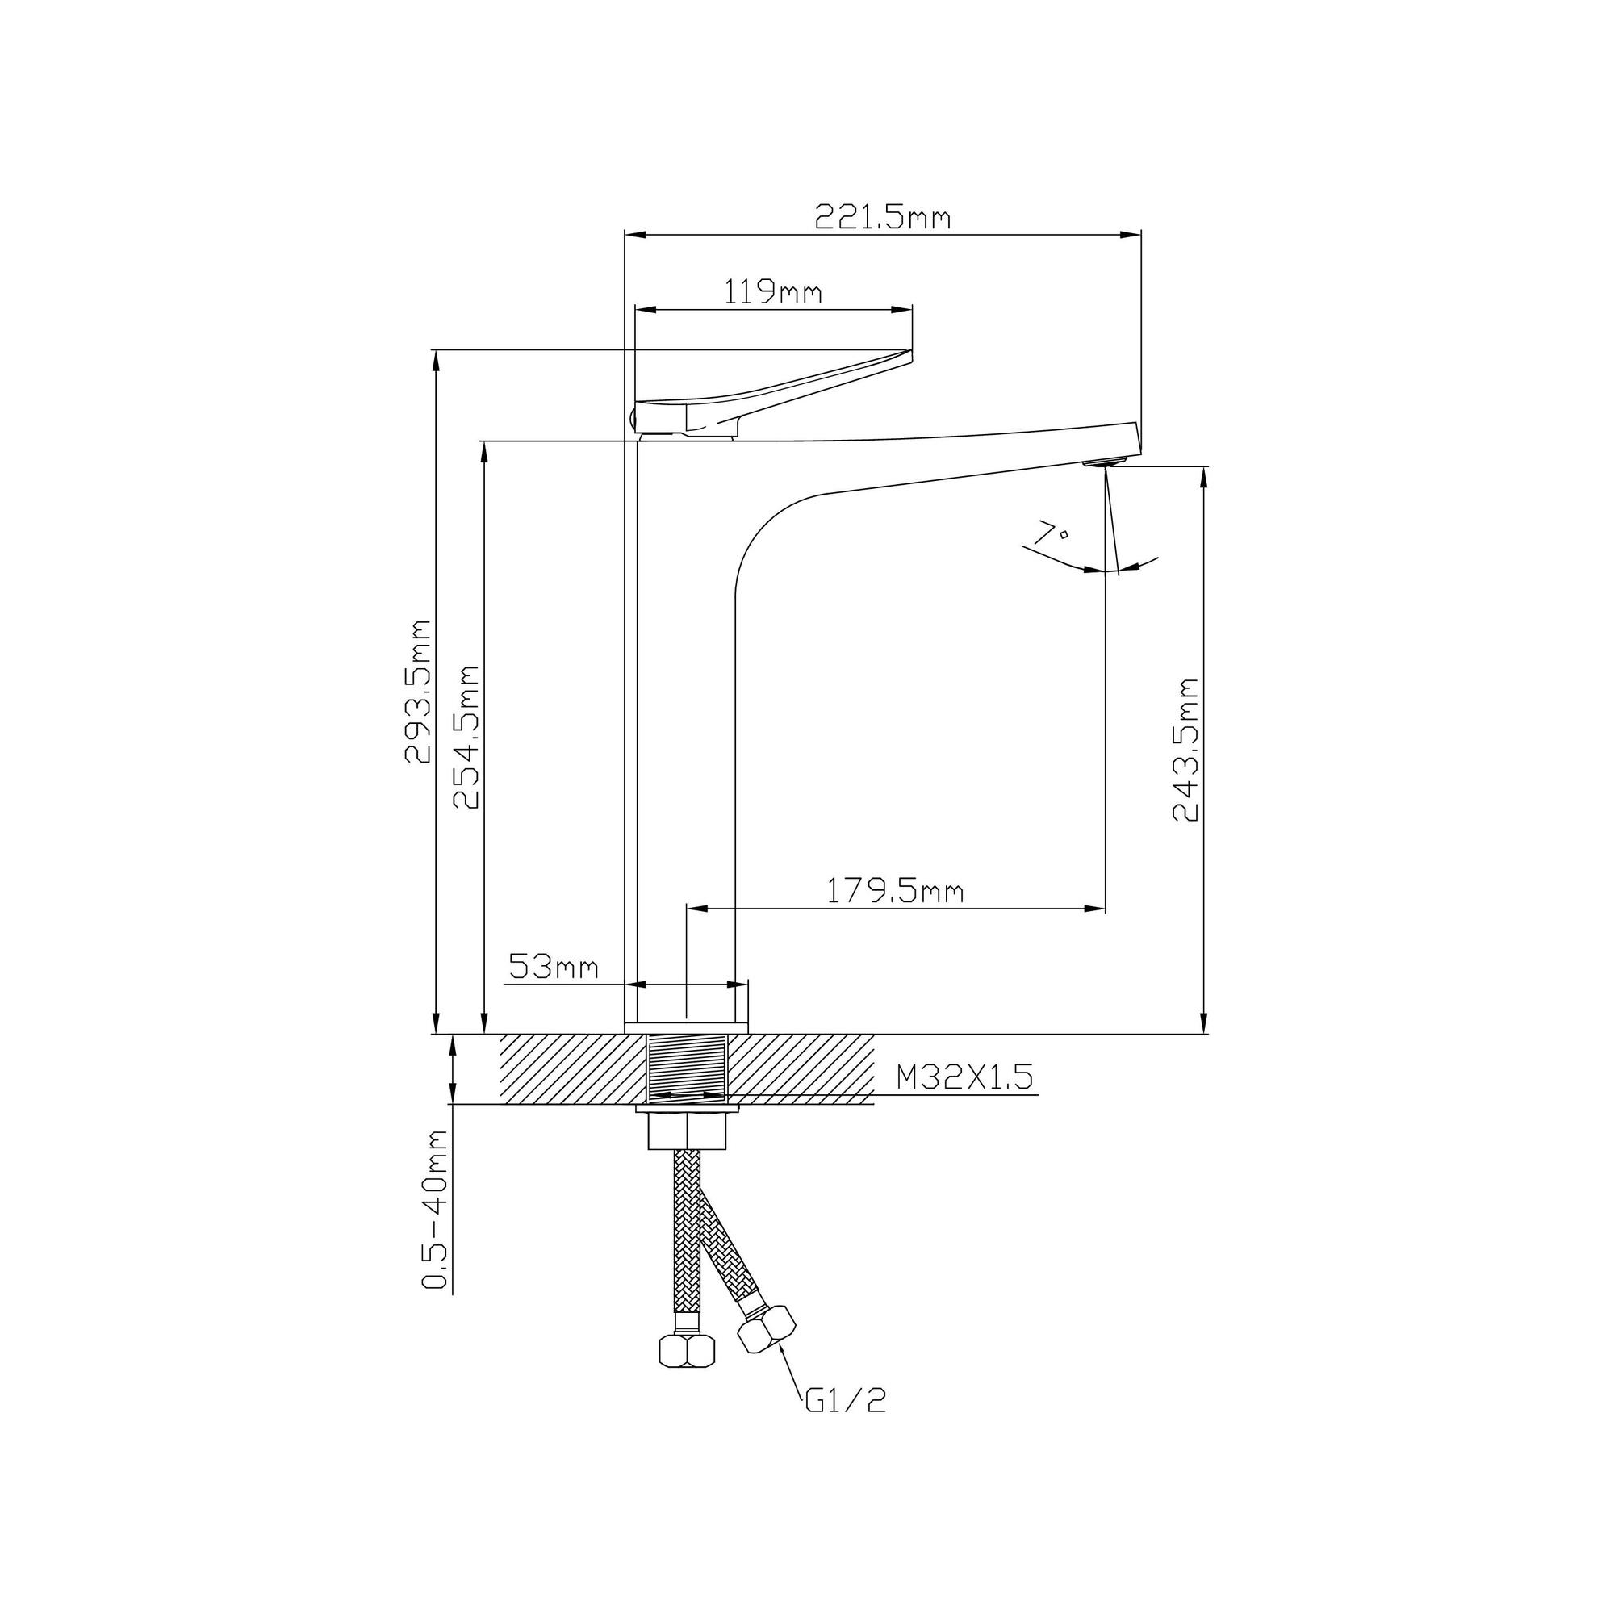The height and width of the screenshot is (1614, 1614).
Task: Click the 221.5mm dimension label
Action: [x=882, y=217]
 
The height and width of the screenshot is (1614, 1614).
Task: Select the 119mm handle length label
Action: [x=773, y=292]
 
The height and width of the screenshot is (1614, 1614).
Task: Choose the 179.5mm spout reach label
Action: [x=895, y=892]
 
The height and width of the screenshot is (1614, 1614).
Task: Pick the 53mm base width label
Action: [x=554, y=968]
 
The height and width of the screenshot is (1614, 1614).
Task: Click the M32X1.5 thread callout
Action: [x=965, y=1077]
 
